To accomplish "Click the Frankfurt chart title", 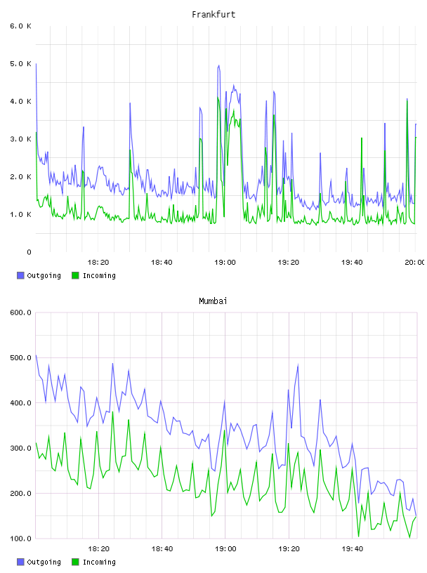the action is click(213, 14).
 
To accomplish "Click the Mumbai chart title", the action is click(213, 301).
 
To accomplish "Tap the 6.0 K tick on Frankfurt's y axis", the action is click(21, 26).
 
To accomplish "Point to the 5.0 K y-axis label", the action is click(21, 64).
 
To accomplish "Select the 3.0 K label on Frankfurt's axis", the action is click(21, 139).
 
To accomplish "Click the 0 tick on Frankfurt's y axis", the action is click(29, 252).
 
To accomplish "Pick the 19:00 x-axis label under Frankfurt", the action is click(225, 262).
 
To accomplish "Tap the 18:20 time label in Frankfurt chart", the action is click(98, 262).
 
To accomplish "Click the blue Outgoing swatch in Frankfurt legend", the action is click(20, 275).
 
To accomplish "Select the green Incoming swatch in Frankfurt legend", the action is click(75, 275).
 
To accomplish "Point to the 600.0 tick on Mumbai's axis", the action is click(21, 312).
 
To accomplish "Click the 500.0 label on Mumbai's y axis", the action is click(21, 357).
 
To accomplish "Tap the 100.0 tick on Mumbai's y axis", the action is click(21, 539).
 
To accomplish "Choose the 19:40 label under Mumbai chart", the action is click(352, 548).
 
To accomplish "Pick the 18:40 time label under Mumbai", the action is click(162, 548).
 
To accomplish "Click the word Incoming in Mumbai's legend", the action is click(99, 562).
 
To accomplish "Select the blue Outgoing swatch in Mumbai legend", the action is click(20, 562).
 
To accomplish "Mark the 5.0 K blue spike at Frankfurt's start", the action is click(36, 64).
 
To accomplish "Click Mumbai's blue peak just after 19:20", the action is click(298, 364).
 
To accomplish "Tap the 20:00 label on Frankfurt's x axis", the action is click(414, 262).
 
